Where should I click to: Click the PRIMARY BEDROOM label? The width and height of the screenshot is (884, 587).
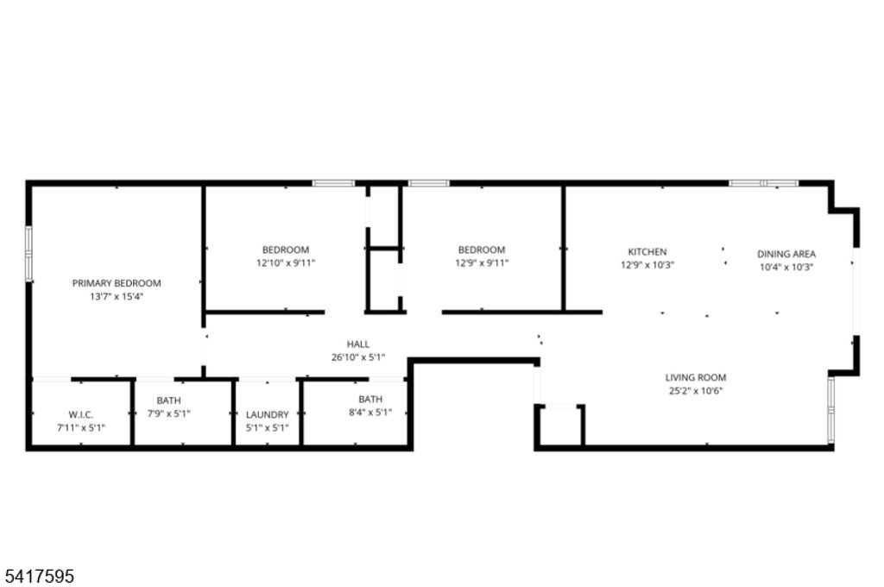[117, 283]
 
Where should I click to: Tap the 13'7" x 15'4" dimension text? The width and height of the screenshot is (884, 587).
[117, 296]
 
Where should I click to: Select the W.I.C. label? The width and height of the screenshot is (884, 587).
[81, 414]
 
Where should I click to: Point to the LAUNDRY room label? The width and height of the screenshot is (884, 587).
[268, 414]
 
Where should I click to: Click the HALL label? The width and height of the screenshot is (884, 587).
[358, 344]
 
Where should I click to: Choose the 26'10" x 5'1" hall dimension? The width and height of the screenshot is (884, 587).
[358, 357]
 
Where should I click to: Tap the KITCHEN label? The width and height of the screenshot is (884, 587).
[647, 252]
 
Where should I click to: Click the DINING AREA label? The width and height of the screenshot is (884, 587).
[786, 254]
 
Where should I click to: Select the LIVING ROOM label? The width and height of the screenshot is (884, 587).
[696, 377]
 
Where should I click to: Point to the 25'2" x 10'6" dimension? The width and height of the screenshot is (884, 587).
[696, 390]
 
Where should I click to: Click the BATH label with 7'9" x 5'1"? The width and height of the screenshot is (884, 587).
[168, 401]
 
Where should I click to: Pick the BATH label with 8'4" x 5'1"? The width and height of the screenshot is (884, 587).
[370, 399]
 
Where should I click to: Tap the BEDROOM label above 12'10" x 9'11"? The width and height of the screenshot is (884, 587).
[286, 250]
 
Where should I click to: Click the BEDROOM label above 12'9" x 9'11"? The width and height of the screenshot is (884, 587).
[482, 250]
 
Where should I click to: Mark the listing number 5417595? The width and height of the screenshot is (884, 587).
[39, 574]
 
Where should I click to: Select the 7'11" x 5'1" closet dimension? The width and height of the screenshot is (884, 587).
[81, 427]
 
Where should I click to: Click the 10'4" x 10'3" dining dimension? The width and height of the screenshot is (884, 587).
[786, 267]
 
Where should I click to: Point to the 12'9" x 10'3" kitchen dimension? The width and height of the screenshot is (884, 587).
[647, 265]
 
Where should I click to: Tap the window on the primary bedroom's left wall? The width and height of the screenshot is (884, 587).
[28, 253]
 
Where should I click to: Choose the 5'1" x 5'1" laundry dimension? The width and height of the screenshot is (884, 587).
[268, 427]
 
